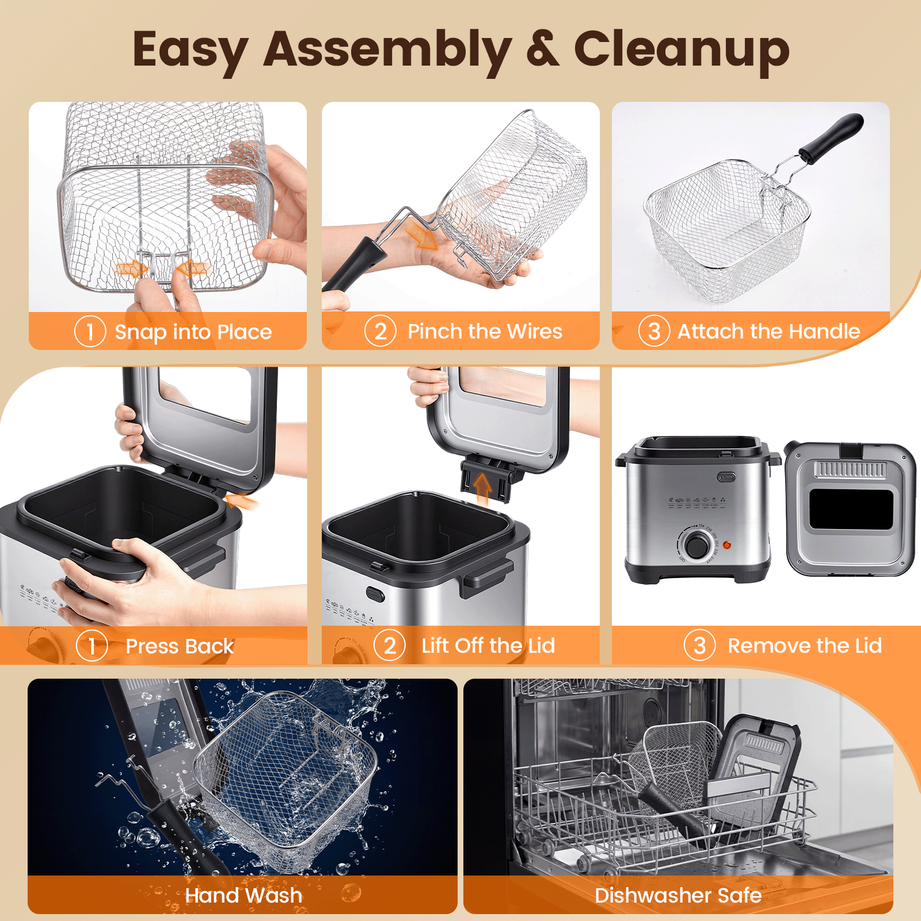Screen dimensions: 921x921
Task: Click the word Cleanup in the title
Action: point(682,51)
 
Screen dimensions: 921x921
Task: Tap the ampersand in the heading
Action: point(542,48)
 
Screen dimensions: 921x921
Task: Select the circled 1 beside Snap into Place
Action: point(90,332)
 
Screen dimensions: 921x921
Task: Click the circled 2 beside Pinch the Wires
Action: point(380,331)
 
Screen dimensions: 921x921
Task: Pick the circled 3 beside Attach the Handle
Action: point(654,331)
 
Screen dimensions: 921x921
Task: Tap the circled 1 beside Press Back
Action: point(92,646)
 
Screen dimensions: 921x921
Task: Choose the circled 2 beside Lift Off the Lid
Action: point(390,645)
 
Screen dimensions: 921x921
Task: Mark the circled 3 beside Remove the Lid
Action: point(700,645)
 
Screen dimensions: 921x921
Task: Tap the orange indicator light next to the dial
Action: point(726,545)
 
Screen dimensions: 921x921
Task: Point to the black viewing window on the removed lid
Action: point(851,509)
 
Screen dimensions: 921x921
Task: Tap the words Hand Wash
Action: point(243,896)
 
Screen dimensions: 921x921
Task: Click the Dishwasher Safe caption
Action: point(678,896)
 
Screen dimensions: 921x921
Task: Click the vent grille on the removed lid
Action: point(850,470)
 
